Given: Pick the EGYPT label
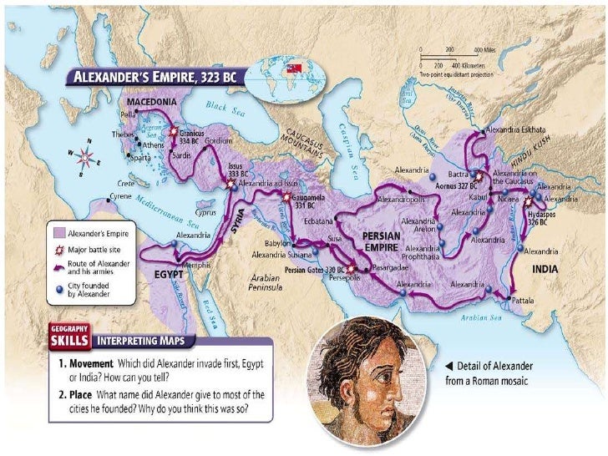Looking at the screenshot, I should click(x=166, y=273).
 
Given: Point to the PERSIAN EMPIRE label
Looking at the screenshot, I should click(x=384, y=241).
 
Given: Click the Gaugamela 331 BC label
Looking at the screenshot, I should click(x=298, y=202).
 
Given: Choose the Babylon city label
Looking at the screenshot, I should click(x=278, y=243).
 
